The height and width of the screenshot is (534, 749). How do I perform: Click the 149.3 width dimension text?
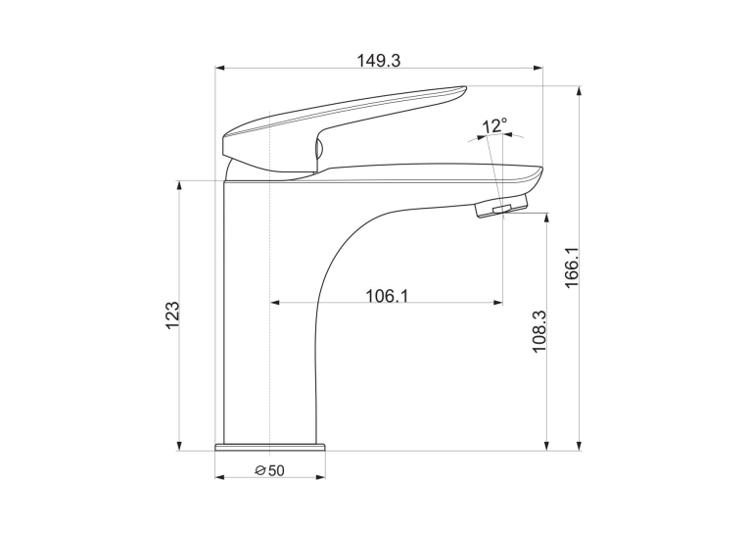(379, 61)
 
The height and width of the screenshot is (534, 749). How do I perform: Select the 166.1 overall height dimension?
(572, 267)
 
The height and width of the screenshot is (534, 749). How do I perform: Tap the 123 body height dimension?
(172, 316)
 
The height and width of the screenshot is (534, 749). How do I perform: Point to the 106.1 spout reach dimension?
(388, 296)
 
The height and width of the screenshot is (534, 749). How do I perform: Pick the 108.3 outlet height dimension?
(539, 331)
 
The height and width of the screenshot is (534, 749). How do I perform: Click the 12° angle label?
(493, 126)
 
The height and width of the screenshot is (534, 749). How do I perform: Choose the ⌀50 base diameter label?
(270, 471)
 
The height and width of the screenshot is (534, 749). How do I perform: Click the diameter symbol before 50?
(260, 471)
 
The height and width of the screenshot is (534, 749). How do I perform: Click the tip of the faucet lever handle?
(465, 87)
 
